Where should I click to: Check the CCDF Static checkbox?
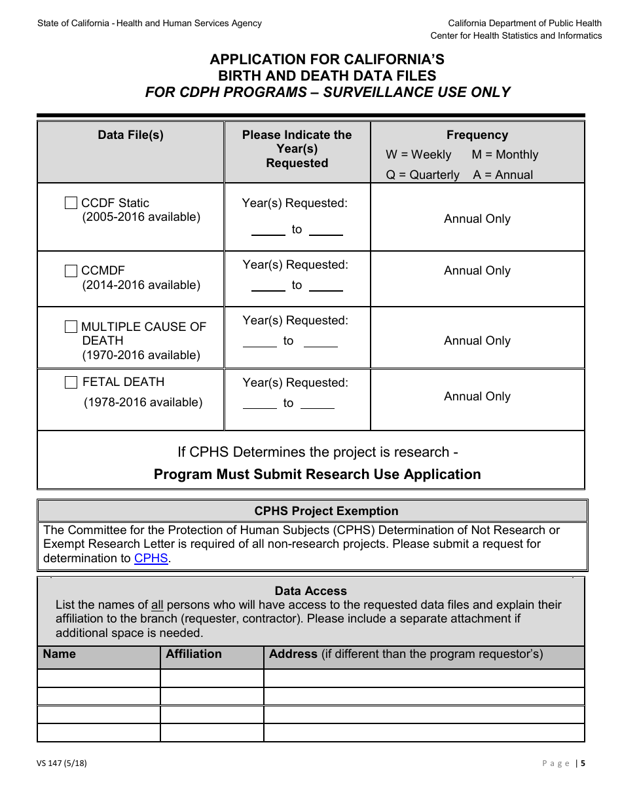[x=71, y=203]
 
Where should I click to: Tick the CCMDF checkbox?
[x=71, y=271]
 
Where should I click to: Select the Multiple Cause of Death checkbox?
[x=71, y=326]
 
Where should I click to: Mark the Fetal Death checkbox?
[x=71, y=383]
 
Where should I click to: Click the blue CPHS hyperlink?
[x=151, y=558]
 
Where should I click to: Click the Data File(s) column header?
[x=130, y=135]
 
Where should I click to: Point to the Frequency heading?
[x=477, y=135]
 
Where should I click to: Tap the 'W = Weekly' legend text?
[x=418, y=155]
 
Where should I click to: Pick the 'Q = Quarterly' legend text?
[x=422, y=175]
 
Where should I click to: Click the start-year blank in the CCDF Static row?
[x=268, y=230]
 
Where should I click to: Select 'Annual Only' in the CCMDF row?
[x=477, y=271]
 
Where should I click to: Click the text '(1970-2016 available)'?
[x=141, y=355]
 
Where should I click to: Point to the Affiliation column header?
[x=194, y=654]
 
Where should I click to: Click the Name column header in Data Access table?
[x=60, y=654]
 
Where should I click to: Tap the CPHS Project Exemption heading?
[x=326, y=511]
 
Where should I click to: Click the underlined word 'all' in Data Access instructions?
[x=157, y=605]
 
